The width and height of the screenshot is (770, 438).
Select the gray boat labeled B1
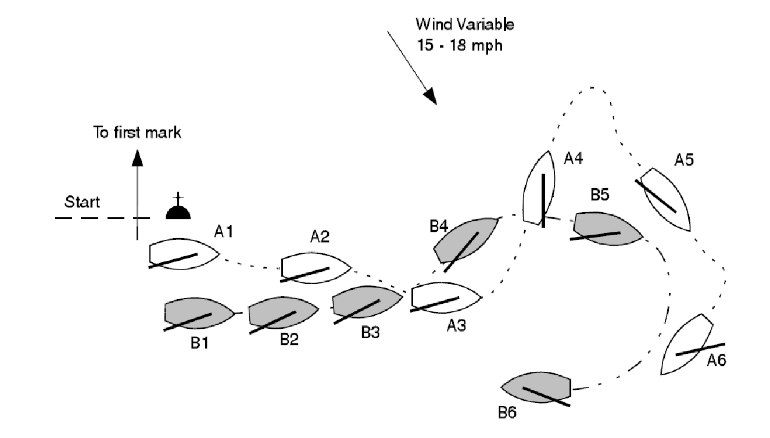tap(198, 314)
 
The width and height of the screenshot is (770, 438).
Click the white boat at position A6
tap(687, 345)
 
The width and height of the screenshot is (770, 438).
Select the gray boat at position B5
tap(607, 228)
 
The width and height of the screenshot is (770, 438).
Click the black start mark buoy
tap(179, 210)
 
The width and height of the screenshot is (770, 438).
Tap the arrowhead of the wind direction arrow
tap(430, 96)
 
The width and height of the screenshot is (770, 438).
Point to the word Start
tap(82, 203)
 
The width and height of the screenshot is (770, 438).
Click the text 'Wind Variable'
tap(464, 25)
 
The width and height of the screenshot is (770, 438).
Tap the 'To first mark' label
tap(138, 132)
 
